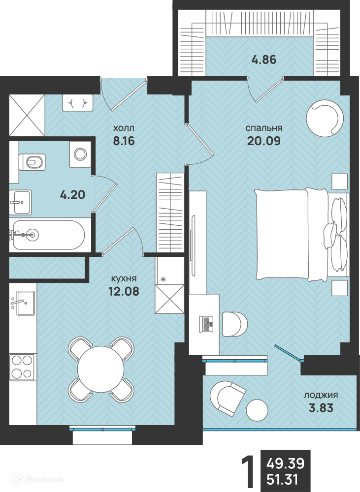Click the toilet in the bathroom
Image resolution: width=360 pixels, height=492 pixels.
(x=32, y=162)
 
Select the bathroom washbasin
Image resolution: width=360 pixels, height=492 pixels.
(x=20, y=202)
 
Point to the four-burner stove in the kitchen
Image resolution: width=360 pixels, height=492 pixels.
(x=23, y=367)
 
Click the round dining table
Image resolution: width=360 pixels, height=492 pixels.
(x=101, y=369)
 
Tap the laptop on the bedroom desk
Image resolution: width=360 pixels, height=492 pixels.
(x=206, y=324)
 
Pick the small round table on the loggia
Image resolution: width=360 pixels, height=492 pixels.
(x=257, y=410)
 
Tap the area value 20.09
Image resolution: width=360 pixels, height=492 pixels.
(x=264, y=141)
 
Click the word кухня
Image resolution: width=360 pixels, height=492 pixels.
(x=124, y=278)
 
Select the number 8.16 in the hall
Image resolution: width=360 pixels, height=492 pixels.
(x=124, y=141)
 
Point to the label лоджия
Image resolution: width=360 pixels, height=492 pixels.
(x=321, y=396)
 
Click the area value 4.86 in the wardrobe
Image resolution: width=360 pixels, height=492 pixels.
(x=264, y=60)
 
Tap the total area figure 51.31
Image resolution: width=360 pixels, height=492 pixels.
(x=282, y=480)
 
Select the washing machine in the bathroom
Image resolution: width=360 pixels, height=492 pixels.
(x=80, y=154)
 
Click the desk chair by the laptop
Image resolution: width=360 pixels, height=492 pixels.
(x=234, y=324)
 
